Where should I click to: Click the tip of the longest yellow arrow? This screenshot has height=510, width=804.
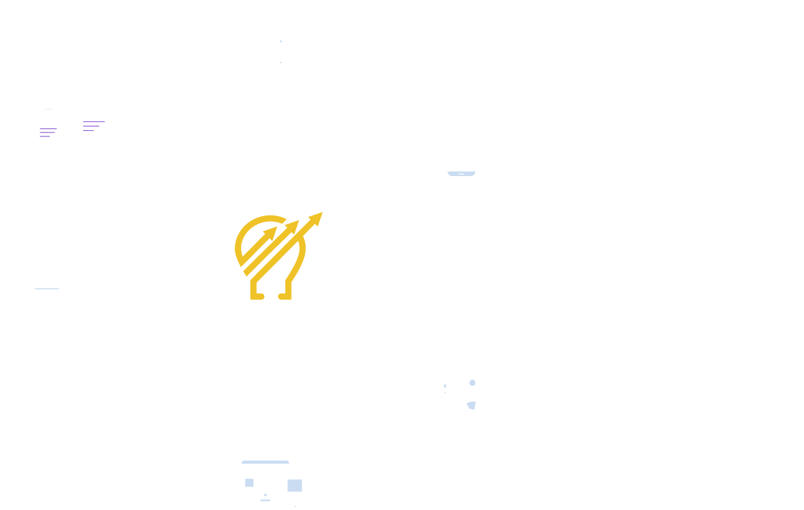321,214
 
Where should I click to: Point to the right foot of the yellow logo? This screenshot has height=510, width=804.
285,296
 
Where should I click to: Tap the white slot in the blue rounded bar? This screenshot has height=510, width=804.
461,174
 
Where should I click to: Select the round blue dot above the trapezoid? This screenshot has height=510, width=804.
472,382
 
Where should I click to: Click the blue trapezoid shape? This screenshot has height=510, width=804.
472,405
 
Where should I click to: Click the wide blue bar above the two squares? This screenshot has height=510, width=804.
265,462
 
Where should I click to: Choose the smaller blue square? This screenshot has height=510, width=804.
249,482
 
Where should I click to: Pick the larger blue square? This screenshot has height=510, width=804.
295,485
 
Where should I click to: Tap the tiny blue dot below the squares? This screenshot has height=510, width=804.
265,495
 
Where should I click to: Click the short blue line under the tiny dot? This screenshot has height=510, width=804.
265,500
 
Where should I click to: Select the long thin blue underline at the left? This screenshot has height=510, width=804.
46,288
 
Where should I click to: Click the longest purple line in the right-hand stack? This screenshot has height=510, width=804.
93,121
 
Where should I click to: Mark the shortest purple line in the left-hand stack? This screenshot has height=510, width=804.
45,137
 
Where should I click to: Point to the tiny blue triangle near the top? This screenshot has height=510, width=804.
280,42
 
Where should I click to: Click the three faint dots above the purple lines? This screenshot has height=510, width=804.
48,109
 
